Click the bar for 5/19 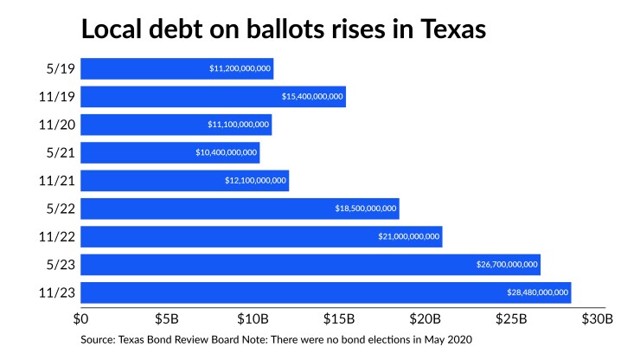[177, 68]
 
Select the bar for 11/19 [214, 96]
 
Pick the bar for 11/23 [326, 292]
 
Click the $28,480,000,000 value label [537, 292]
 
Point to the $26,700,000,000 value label [507, 264]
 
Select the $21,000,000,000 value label [409, 236]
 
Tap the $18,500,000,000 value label [366, 209]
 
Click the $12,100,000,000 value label [255, 180]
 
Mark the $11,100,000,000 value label [239, 125]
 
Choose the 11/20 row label [56, 125]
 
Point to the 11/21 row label [56, 180]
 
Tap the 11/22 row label [56, 236]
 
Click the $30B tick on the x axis [597, 318]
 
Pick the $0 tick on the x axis [84, 318]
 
